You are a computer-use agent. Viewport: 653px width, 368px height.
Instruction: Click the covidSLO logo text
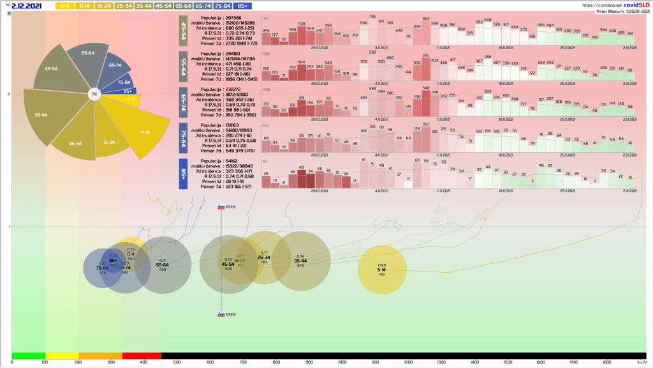636,5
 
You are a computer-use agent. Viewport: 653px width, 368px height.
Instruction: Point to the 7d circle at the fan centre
93,94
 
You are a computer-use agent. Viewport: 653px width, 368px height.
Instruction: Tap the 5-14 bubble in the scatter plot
381,270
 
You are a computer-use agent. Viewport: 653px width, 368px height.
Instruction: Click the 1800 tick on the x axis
606,362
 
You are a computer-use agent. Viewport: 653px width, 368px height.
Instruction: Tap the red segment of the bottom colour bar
142,355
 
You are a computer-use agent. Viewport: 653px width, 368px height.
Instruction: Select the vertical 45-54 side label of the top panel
183,31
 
